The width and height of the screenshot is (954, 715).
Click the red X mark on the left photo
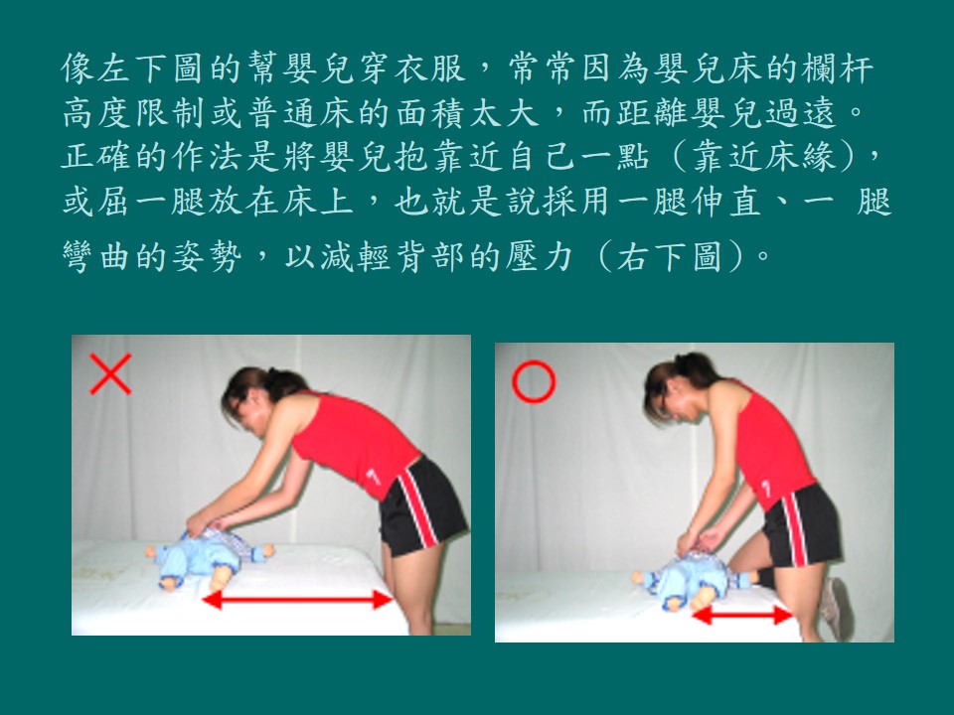pos(110,374)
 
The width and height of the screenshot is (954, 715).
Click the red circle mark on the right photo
pos(534,381)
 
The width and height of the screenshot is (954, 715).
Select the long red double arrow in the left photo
pos(297,600)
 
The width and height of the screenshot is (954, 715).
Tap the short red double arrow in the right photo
pos(742,616)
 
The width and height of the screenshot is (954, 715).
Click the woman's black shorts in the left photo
pos(421,505)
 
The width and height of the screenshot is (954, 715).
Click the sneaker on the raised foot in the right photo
pos(835,608)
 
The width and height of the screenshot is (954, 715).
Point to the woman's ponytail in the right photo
pos(700,369)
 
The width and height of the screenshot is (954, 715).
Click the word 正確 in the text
pos(97,158)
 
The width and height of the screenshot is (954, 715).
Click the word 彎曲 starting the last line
pos(97,256)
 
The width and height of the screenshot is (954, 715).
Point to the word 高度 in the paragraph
pos(97,112)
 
